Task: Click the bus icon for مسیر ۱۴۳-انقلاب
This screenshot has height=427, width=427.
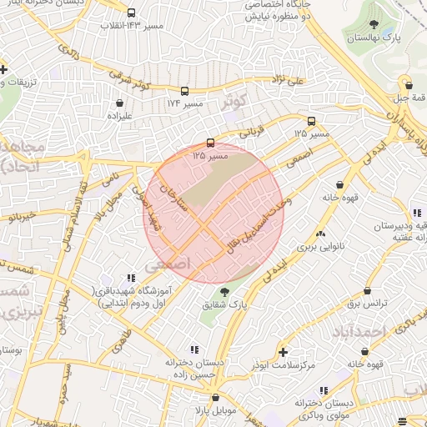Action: (131, 13)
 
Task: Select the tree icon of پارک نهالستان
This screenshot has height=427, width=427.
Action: (373, 25)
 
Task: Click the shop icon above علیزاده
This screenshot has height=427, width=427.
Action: (121, 104)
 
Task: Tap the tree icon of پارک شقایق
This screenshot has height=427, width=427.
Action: (224, 292)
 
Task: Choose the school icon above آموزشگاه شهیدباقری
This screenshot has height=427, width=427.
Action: (129, 278)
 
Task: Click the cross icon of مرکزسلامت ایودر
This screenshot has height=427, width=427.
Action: (283, 352)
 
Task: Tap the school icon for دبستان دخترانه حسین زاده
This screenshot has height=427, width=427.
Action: (194, 349)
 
